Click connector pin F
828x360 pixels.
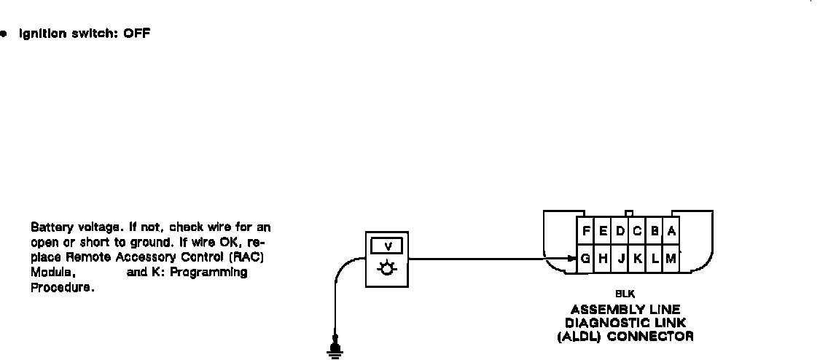click(586, 231)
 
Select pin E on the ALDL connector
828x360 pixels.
click(604, 231)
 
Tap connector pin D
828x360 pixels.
click(620, 231)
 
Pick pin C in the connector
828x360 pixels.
click(637, 231)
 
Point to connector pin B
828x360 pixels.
click(655, 231)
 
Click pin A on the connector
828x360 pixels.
click(671, 231)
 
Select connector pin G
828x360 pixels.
click(585, 258)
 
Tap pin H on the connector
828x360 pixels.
click(604, 258)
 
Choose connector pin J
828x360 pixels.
click(620, 258)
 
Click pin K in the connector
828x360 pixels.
click(637, 258)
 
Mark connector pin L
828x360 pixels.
click(655, 258)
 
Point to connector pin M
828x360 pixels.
click(671, 258)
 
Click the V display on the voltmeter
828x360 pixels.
click(387, 246)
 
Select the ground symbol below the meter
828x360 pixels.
click(336, 353)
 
